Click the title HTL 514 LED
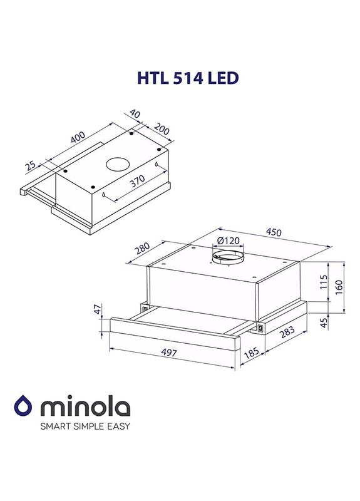180,78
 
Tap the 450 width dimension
274,231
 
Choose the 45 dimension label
324,323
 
